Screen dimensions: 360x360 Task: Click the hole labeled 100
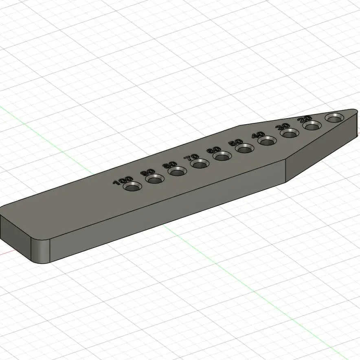pyautogui.click(x=132, y=186)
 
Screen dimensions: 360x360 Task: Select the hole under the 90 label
pyautogui.click(x=155, y=179)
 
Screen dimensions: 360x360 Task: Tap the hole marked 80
pyautogui.click(x=177, y=171)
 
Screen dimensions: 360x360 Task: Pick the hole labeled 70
pyautogui.click(x=200, y=164)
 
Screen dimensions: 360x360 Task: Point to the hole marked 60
pyautogui.click(x=222, y=156)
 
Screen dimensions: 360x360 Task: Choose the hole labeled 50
pyautogui.click(x=245, y=149)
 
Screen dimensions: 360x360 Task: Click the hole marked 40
pyautogui.click(x=267, y=141)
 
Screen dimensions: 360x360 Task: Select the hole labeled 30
pyautogui.click(x=290, y=134)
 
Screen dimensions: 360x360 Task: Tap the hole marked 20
pyautogui.click(x=312, y=125)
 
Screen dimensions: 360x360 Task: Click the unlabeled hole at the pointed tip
pyautogui.click(x=334, y=118)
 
